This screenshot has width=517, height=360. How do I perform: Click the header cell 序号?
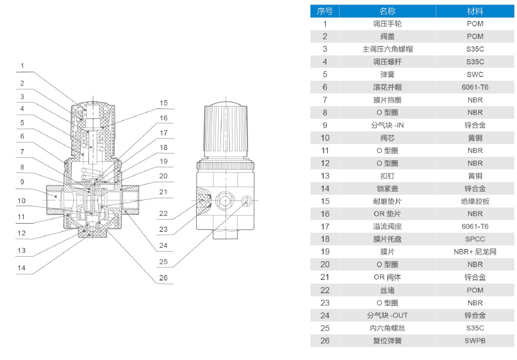pyautogui.click(x=325, y=11)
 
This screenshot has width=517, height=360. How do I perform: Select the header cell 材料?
pyautogui.click(x=474, y=11)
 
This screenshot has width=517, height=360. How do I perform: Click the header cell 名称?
pyautogui.click(x=387, y=11)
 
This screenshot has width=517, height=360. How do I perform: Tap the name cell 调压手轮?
pyautogui.click(x=387, y=24)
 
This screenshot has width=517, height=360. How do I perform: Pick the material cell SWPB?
pyautogui.click(x=474, y=341)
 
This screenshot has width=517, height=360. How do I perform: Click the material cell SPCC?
pyautogui.click(x=474, y=239)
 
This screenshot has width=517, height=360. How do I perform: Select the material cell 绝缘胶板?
pyautogui.click(x=474, y=201)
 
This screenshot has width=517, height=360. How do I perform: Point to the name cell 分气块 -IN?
pyautogui.click(x=387, y=125)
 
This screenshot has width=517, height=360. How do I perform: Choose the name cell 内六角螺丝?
pyautogui.click(x=387, y=328)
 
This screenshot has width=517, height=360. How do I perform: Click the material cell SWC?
pyautogui.click(x=474, y=75)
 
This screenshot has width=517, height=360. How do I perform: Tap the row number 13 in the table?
pyautogui.click(x=325, y=176)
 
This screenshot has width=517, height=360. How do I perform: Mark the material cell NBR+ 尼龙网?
pyautogui.click(x=474, y=252)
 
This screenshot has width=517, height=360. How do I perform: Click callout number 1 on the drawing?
pyautogui.click(x=22, y=66)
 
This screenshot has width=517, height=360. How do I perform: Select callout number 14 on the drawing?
pyautogui.click(x=22, y=268)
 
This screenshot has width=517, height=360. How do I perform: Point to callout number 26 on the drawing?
pyautogui.click(x=163, y=278)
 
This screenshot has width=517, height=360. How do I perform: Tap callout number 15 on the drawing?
pyautogui.click(x=163, y=103)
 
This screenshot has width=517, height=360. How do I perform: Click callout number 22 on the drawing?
pyautogui.click(x=163, y=214)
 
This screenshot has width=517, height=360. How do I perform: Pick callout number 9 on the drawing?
pyautogui.click(x=22, y=181)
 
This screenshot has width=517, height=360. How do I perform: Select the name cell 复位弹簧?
pyautogui.click(x=387, y=341)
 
